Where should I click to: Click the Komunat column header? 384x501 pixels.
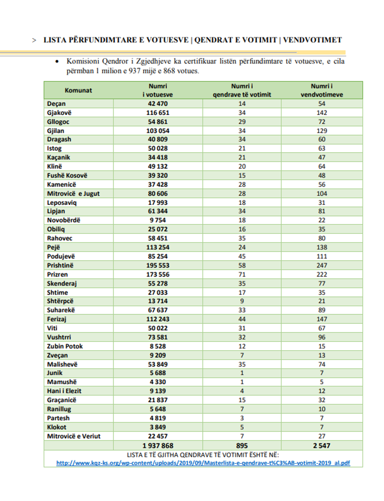[78, 90]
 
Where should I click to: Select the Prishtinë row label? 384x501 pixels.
[60, 266]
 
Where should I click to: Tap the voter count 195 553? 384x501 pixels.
[158, 266]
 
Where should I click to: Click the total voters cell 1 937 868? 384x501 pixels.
[158, 446]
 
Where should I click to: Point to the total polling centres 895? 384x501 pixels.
[242, 446]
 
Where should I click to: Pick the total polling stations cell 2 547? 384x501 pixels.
[321, 446]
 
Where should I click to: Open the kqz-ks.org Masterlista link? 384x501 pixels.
[203, 463]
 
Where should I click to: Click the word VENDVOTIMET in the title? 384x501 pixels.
[312, 40]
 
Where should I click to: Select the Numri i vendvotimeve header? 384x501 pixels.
[321, 90]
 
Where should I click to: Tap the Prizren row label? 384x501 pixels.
[57, 275]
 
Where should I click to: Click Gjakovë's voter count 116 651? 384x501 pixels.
[158, 113]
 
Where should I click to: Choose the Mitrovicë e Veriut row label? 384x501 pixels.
[74, 436]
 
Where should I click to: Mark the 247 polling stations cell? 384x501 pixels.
[321, 266]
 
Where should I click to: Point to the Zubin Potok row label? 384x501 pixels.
[65, 346]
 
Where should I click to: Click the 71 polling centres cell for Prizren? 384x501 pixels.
[242, 275]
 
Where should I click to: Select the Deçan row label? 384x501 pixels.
[56, 104]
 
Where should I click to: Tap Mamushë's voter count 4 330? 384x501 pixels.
[158, 382]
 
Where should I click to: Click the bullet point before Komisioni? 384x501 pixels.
[57, 61]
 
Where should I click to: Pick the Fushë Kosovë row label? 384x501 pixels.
[67, 175]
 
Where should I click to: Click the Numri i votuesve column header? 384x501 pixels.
[158, 90]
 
